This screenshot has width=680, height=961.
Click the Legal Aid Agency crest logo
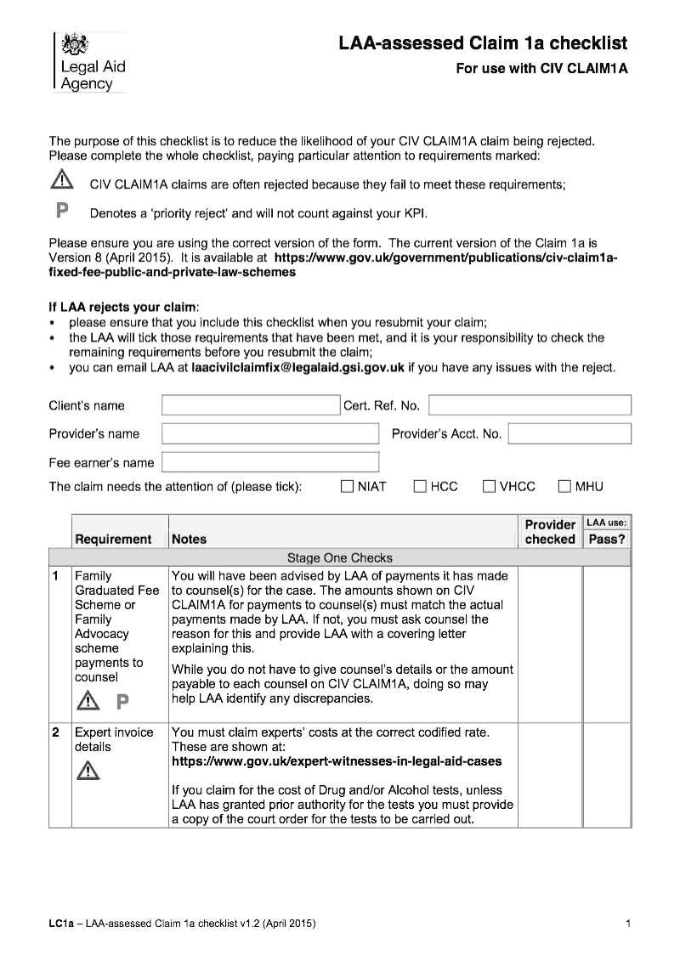click(76, 43)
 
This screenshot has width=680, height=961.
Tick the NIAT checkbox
click(347, 487)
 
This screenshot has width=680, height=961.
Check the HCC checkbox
click(420, 487)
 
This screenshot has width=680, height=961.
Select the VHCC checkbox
click(489, 487)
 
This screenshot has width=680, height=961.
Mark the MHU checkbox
click(564, 487)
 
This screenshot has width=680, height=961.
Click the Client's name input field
click(251, 405)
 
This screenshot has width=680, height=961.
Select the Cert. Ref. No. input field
click(530, 405)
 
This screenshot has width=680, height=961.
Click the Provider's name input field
click(270, 434)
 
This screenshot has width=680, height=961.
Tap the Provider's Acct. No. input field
click(569, 434)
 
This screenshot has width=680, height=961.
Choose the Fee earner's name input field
click(270, 462)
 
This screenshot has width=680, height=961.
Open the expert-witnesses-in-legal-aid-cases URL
click(337, 761)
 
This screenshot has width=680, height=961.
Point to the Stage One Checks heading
click(340, 558)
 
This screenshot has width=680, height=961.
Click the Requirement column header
click(113, 539)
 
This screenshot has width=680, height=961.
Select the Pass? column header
click(607, 539)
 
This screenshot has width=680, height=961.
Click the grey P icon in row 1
click(122, 702)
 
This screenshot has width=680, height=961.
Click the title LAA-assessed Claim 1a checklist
click(483, 43)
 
